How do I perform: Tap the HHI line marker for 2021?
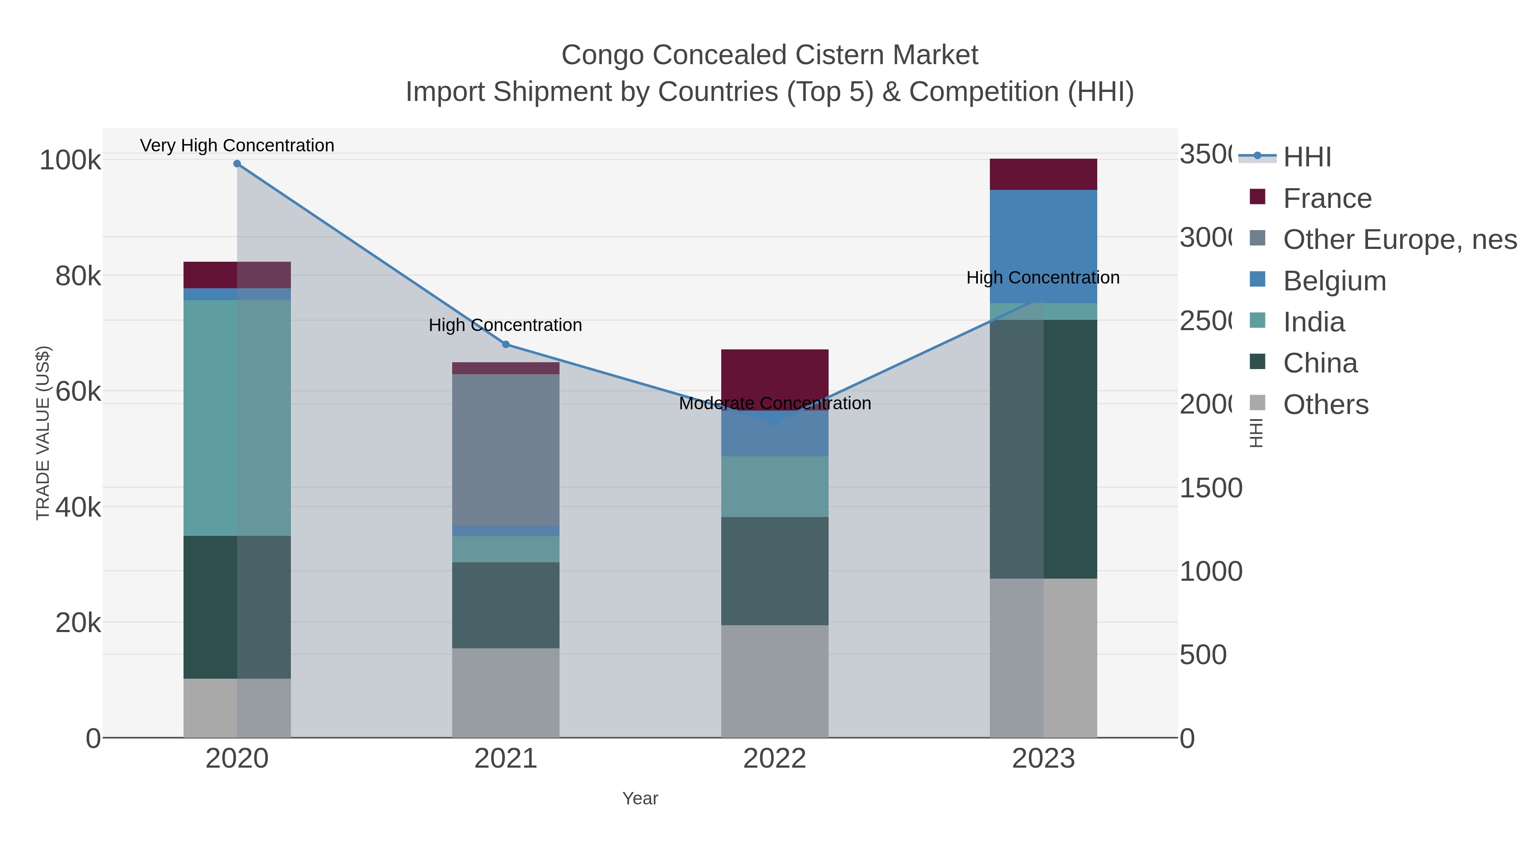(x=506, y=344)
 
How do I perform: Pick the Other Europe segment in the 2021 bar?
(x=506, y=449)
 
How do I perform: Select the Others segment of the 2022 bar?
(x=774, y=681)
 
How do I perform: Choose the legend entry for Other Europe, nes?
(x=1399, y=239)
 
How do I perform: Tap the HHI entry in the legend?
(x=1306, y=157)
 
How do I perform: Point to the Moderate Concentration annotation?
(x=775, y=403)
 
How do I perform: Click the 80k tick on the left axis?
(x=78, y=276)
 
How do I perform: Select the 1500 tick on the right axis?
(x=1211, y=488)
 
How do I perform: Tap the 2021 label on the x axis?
(x=506, y=759)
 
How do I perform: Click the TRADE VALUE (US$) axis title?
(x=43, y=433)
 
